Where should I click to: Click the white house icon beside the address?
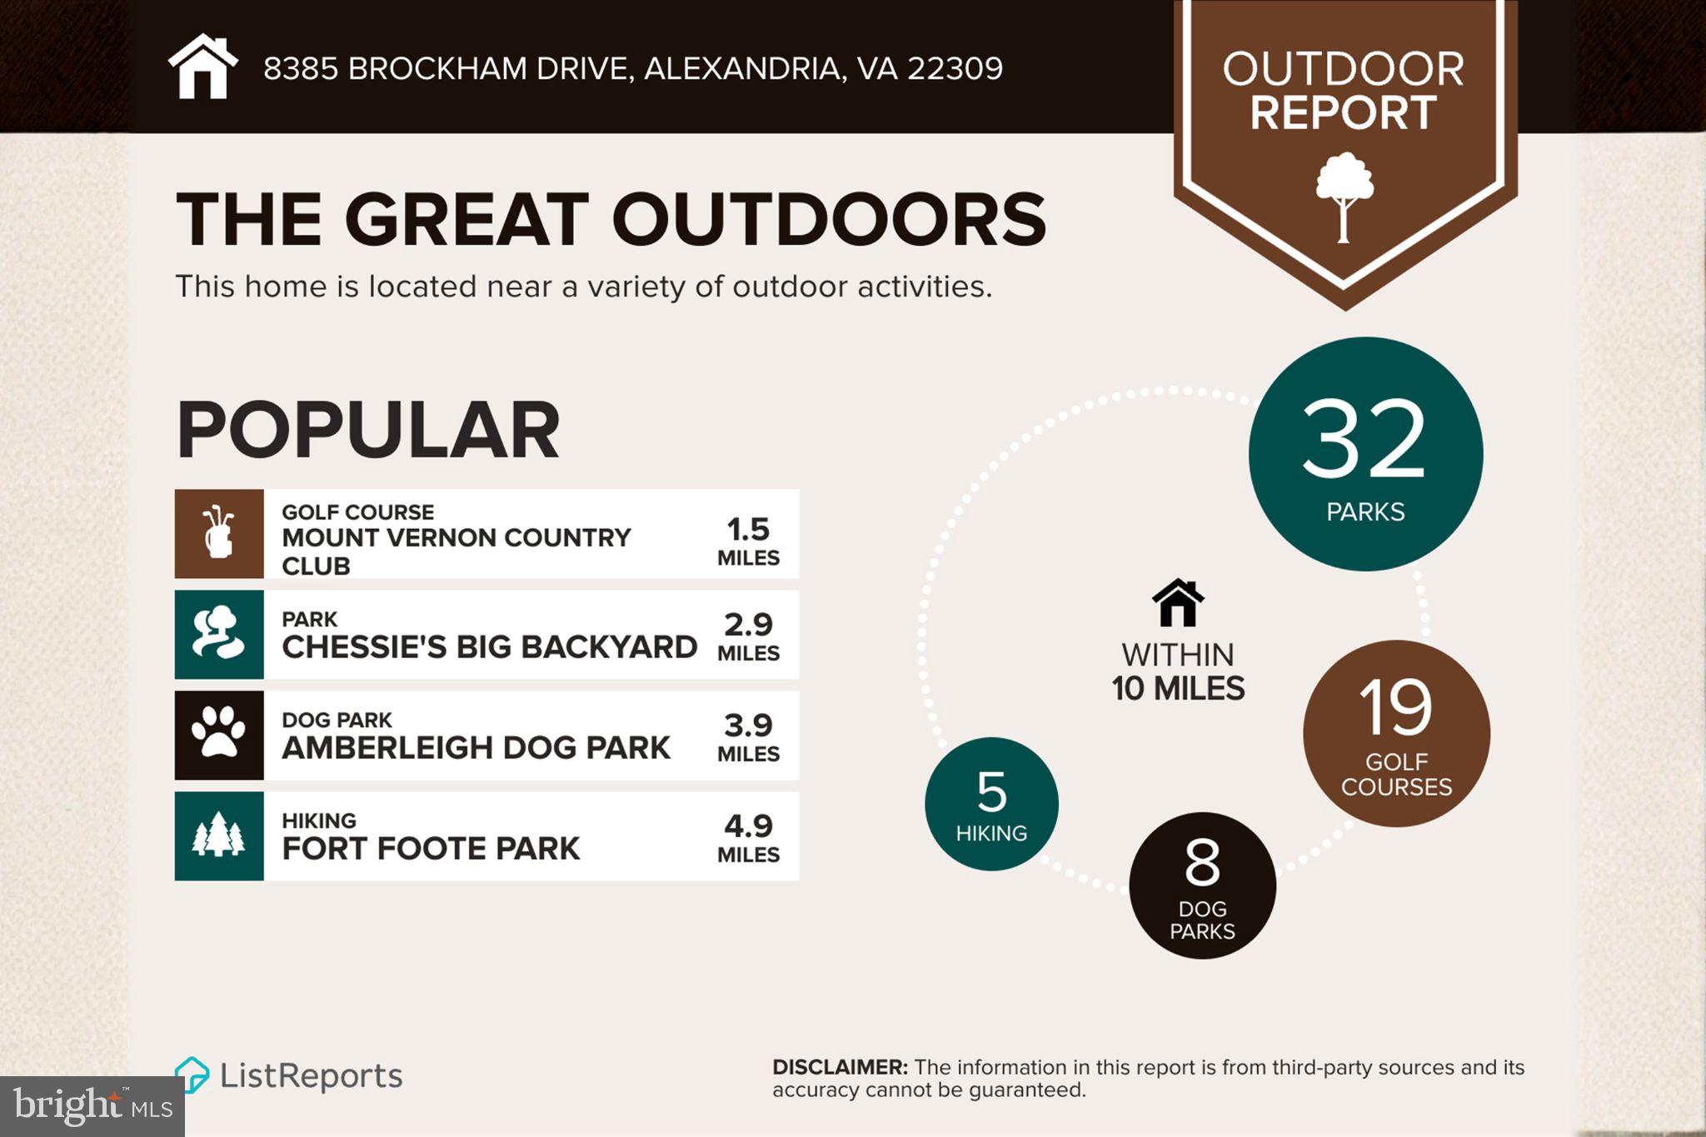202,67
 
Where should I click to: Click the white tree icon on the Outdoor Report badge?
1344,197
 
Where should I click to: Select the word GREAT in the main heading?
466,219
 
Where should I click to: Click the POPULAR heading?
367,430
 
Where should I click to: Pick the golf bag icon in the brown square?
219,533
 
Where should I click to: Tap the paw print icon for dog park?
218,733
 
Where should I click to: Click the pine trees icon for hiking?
218,835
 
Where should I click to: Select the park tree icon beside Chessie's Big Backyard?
218,634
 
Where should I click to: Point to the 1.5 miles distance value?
748,539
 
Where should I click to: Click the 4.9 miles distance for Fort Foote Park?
748,835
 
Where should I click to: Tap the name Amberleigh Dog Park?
476,747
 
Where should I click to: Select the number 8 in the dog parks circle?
1202,863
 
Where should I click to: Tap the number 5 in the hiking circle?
991,791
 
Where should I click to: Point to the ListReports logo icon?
192,1075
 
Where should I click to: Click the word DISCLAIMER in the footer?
839,1067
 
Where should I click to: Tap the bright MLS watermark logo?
92,1106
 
